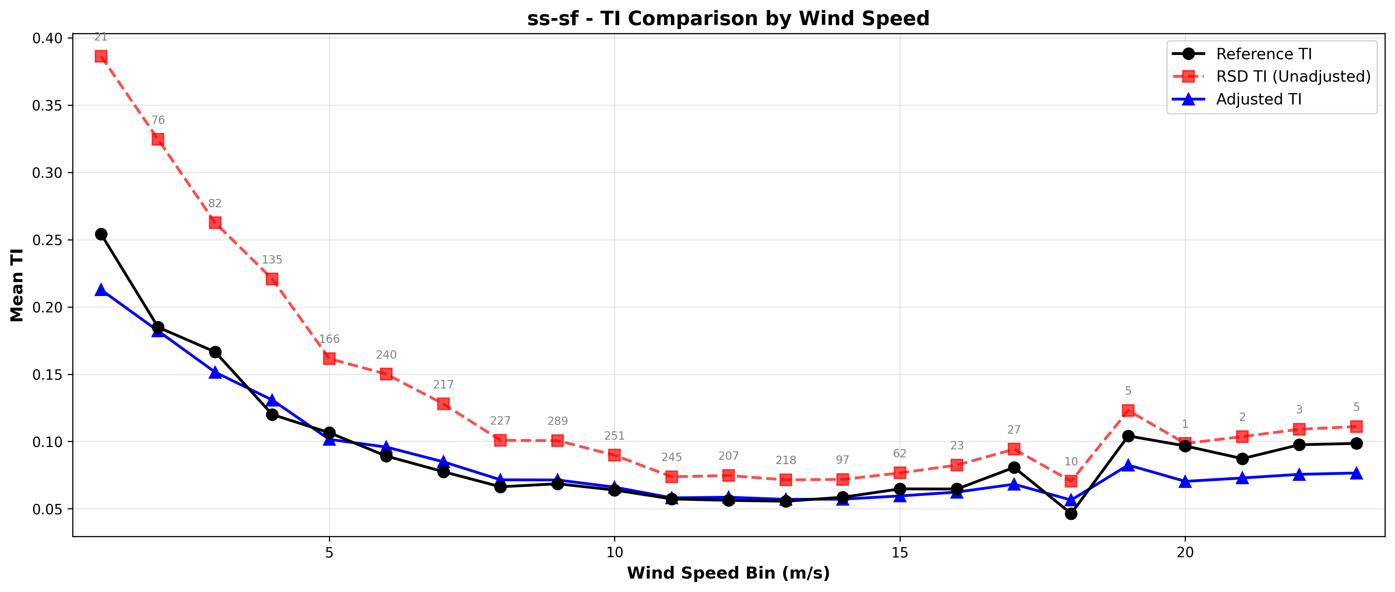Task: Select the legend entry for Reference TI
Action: click(1263, 54)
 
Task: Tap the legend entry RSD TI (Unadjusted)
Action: click(1293, 76)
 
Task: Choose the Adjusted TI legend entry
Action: click(1258, 99)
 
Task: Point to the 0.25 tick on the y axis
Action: click(47, 240)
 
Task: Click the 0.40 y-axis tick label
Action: click(47, 38)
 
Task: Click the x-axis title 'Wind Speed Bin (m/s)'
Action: click(728, 573)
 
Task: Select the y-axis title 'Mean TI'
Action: click(17, 285)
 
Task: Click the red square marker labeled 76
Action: click(158, 139)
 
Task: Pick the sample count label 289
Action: click(557, 421)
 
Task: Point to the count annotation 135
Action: click(272, 260)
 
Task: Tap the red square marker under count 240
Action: click(386, 374)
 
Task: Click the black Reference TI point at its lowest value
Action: click(1071, 513)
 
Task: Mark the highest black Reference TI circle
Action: click(101, 234)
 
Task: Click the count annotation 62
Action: click(900, 453)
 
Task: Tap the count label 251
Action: click(614, 436)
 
